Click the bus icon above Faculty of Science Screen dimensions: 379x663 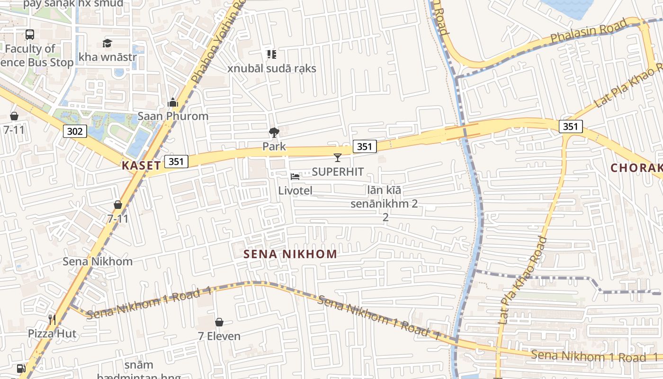pyautogui.click(x=29, y=34)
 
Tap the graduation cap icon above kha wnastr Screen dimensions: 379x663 pyautogui.click(x=107, y=44)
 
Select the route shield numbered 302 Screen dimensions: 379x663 pyautogui.click(x=75, y=131)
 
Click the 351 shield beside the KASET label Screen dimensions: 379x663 pyautogui.click(x=176, y=162)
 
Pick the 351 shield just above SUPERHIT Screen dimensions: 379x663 pyautogui.click(x=365, y=146)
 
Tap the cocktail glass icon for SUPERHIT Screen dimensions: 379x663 pyautogui.click(x=338, y=158)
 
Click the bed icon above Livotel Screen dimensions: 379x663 pyautogui.click(x=295, y=177)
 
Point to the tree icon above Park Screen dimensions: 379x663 pyautogui.click(x=274, y=133)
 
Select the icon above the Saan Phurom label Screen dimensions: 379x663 pyautogui.click(x=173, y=102)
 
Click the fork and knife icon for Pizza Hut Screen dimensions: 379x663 pyautogui.click(x=52, y=320)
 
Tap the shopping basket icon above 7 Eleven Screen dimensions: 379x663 pyautogui.click(x=219, y=322)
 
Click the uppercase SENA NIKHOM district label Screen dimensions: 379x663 pyautogui.click(x=290, y=254)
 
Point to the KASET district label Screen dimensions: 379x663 pyautogui.click(x=141, y=165)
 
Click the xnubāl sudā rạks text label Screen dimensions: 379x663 pyautogui.click(x=272, y=68)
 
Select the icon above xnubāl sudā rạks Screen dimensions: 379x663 pyautogui.click(x=271, y=54)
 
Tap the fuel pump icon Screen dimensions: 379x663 pyautogui.click(x=21, y=368)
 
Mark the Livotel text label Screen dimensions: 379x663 pyautogui.click(x=295, y=190)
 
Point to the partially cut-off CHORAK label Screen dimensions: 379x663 pyautogui.click(x=636, y=168)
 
